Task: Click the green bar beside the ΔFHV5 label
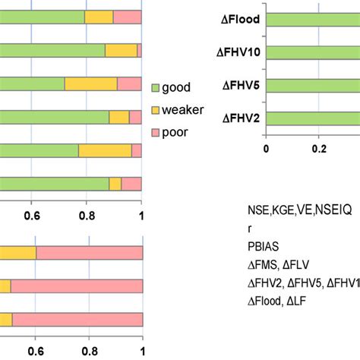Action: coord(311,86)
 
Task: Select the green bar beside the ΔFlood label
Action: coord(311,33)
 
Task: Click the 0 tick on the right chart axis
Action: coord(266,150)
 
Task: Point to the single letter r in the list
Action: coord(250,231)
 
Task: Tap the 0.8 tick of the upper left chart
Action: coord(87,215)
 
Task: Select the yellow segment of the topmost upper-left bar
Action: coord(99,17)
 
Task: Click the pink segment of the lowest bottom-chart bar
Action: coord(77,320)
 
